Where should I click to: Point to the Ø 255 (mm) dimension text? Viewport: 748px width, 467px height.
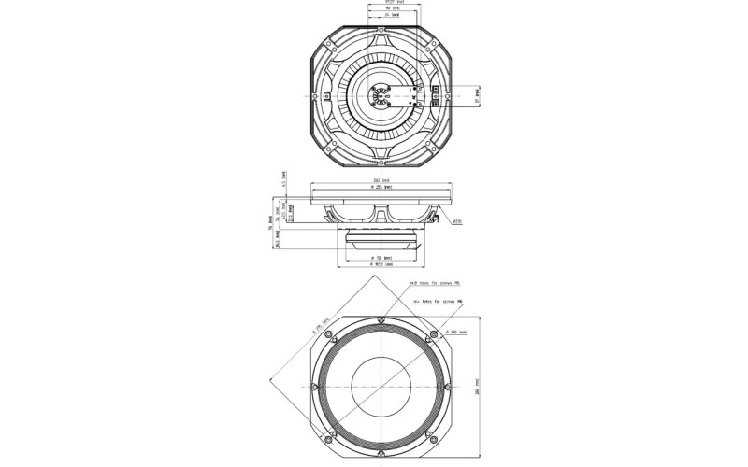pos(381,187)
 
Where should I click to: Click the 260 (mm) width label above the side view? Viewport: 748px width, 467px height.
pos(381,179)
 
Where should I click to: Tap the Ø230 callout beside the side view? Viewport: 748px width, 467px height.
pos(458,222)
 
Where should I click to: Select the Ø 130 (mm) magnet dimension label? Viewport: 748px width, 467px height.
pos(381,256)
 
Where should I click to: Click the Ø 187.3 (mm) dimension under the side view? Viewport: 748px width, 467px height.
pos(381,264)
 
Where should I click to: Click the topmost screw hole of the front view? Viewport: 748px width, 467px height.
pos(381,322)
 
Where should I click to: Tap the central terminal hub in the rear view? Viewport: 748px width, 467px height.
pos(381,95)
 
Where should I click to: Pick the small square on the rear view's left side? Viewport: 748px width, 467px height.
pos(324,95)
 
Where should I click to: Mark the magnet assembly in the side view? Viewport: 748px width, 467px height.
pos(381,237)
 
